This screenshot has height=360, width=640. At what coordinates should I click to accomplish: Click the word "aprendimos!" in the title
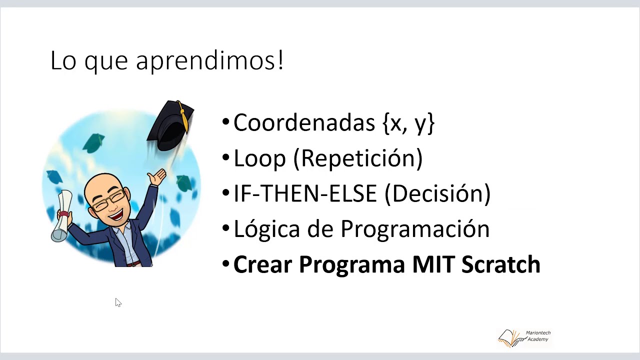[209, 61]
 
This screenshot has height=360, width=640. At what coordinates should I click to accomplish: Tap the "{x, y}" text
[408, 123]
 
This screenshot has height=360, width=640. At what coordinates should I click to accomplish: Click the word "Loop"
[259, 158]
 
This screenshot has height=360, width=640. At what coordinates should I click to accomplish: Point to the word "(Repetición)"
[358, 158]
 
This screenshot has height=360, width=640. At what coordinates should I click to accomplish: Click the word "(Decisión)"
[437, 193]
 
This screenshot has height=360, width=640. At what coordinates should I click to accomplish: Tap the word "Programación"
[415, 229]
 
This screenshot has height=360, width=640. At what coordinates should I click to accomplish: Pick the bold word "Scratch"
[500, 264]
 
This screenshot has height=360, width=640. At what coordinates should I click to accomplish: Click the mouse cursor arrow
[118, 302]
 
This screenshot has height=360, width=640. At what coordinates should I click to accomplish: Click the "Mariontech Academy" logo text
[538, 336]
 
